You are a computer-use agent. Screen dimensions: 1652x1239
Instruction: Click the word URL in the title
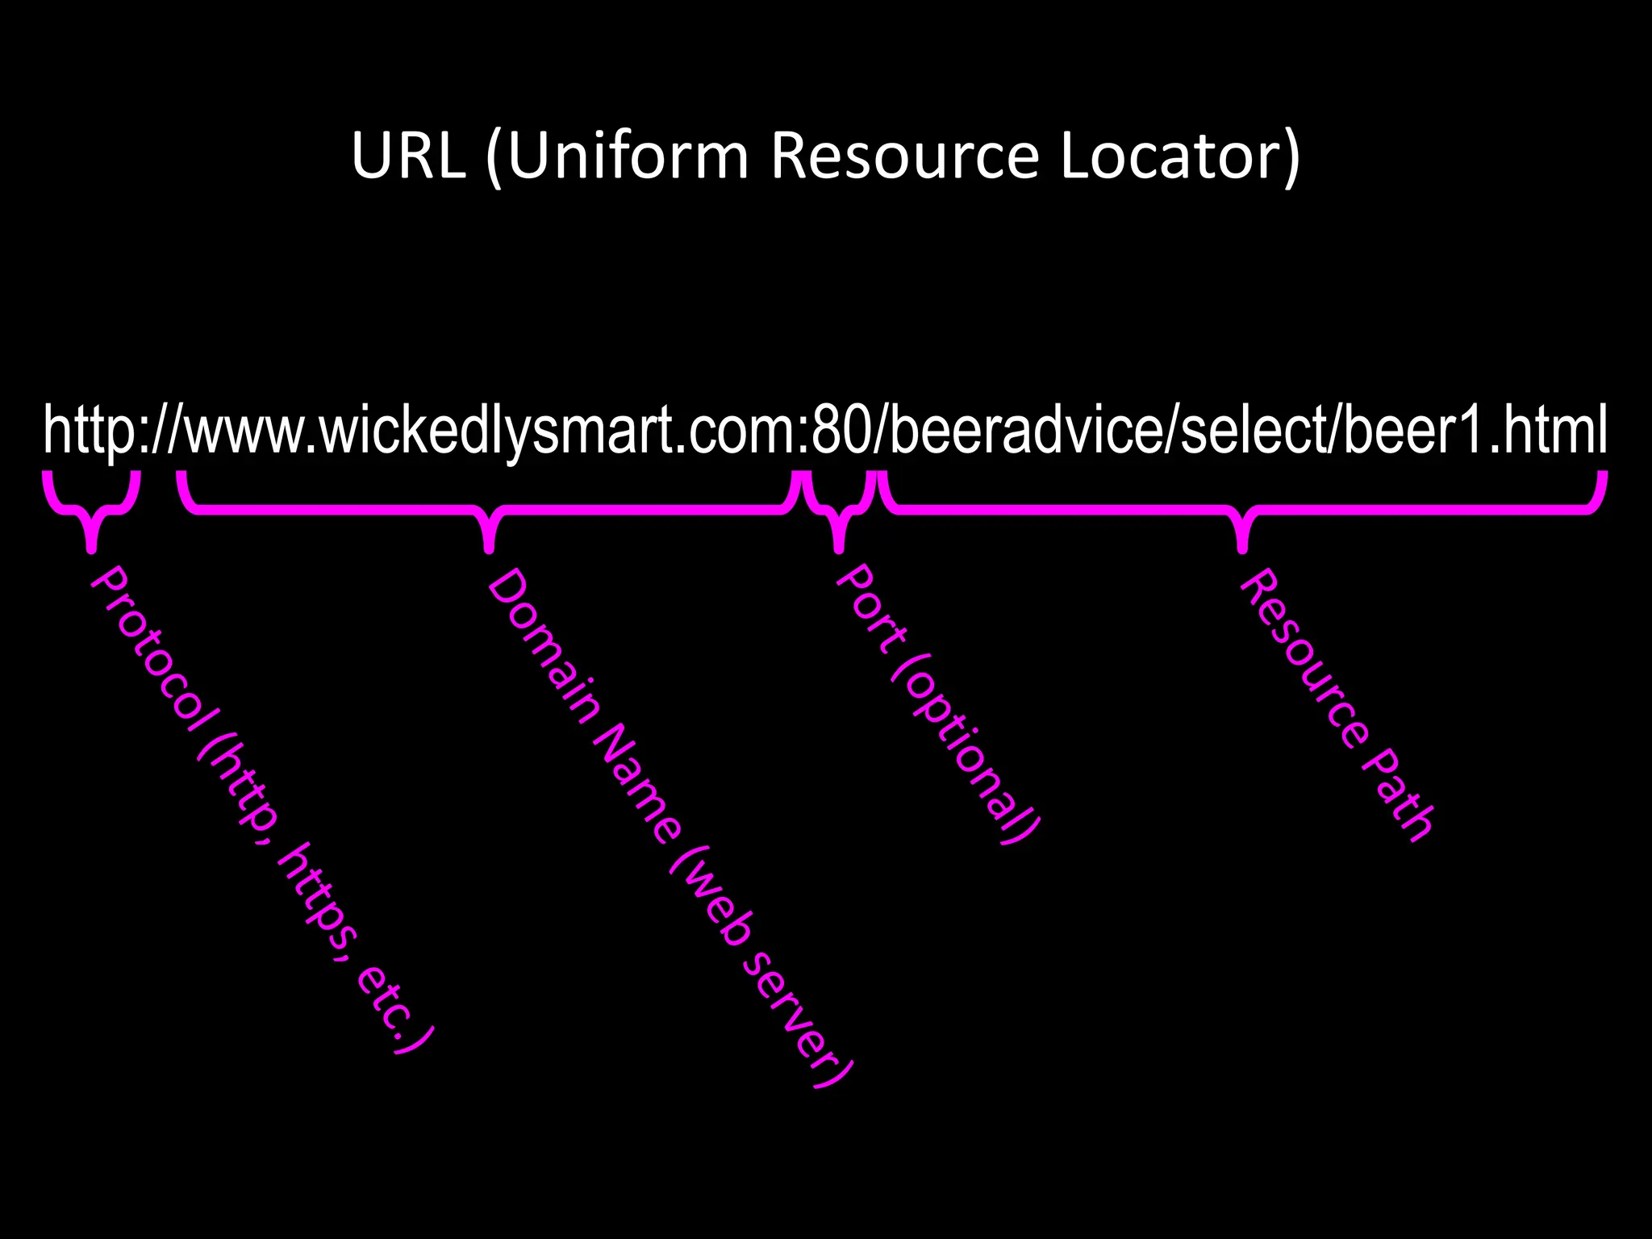click(408, 155)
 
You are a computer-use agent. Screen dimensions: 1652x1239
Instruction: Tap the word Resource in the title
click(904, 155)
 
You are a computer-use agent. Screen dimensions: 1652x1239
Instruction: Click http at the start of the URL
click(89, 431)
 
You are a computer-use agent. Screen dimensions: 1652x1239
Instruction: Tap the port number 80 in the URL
click(841, 431)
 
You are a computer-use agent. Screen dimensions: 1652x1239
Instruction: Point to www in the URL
click(245, 431)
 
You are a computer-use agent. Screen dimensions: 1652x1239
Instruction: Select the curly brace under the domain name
click(488, 511)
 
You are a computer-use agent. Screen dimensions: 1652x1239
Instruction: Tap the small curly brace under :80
click(838, 511)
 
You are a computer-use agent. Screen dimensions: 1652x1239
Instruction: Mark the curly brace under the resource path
click(1242, 511)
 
